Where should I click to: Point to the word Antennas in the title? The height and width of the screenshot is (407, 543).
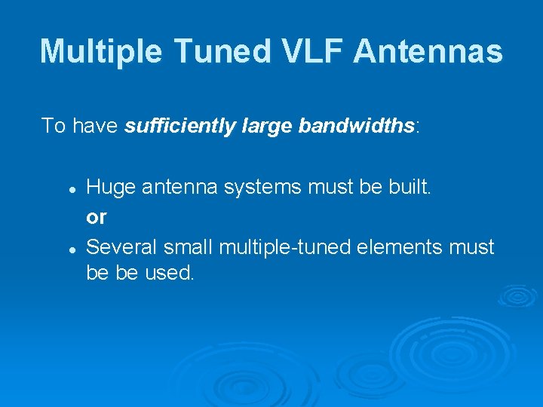(x=428, y=51)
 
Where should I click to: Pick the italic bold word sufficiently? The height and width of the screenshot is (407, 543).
(x=176, y=125)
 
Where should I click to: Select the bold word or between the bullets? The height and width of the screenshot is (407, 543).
(x=97, y=217)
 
